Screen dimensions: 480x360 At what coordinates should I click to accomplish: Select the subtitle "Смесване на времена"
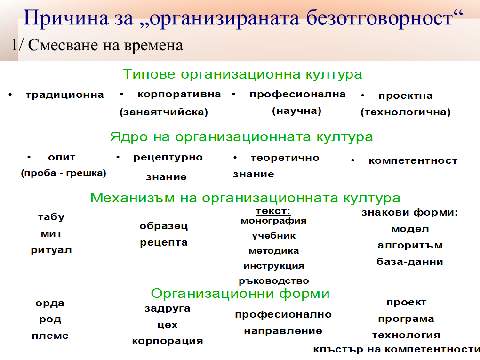(105, 45)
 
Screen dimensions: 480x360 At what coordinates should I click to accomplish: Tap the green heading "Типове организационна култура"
(242, 74)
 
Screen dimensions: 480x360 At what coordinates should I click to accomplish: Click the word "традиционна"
(64, 95)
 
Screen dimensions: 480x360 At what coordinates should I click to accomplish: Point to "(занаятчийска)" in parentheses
(164, 112)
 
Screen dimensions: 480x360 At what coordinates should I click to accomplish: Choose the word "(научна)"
(296, 111)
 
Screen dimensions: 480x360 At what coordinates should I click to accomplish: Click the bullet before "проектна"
(362, 96)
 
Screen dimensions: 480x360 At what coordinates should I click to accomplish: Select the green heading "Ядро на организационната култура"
(241, 137)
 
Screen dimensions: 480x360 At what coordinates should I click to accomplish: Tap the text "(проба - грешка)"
(64, 173)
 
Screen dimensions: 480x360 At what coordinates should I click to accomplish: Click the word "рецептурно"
(168, 158)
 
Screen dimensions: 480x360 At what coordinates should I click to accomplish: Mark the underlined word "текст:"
(273, 211)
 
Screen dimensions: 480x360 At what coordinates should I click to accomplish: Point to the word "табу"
(51, 217)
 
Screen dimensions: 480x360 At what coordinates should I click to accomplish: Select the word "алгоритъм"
(410, 246)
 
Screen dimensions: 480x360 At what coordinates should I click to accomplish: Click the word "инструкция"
(274, 266)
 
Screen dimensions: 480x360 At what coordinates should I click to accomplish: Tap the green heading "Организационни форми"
(240, 294)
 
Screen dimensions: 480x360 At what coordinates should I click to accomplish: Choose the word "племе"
(50, 336)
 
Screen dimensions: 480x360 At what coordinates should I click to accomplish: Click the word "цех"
(168, 325)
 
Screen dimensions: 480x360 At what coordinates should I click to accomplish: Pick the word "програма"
(406, 319)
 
